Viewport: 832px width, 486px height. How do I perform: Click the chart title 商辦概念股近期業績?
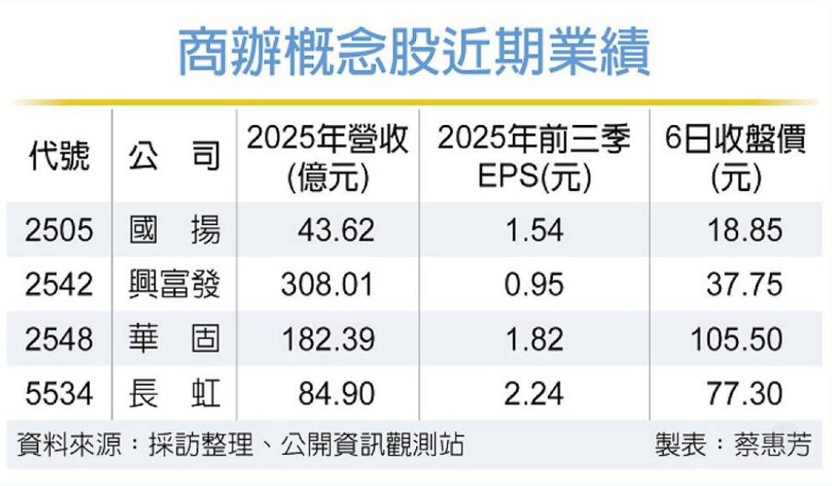[414, 54]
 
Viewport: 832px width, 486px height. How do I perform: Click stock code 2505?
[58, 231]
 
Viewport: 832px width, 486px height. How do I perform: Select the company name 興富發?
[174, 285]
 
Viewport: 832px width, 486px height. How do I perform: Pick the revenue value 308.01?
[327, 285]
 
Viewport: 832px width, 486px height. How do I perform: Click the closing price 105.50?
[737, 339]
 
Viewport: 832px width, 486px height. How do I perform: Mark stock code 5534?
[58, 392]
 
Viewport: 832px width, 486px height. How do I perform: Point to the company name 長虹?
[174, 392]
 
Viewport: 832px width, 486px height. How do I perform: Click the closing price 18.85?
[745, 231]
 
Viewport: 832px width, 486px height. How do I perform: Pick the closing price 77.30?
[745, 392]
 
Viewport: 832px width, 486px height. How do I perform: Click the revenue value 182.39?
[327, 339]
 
